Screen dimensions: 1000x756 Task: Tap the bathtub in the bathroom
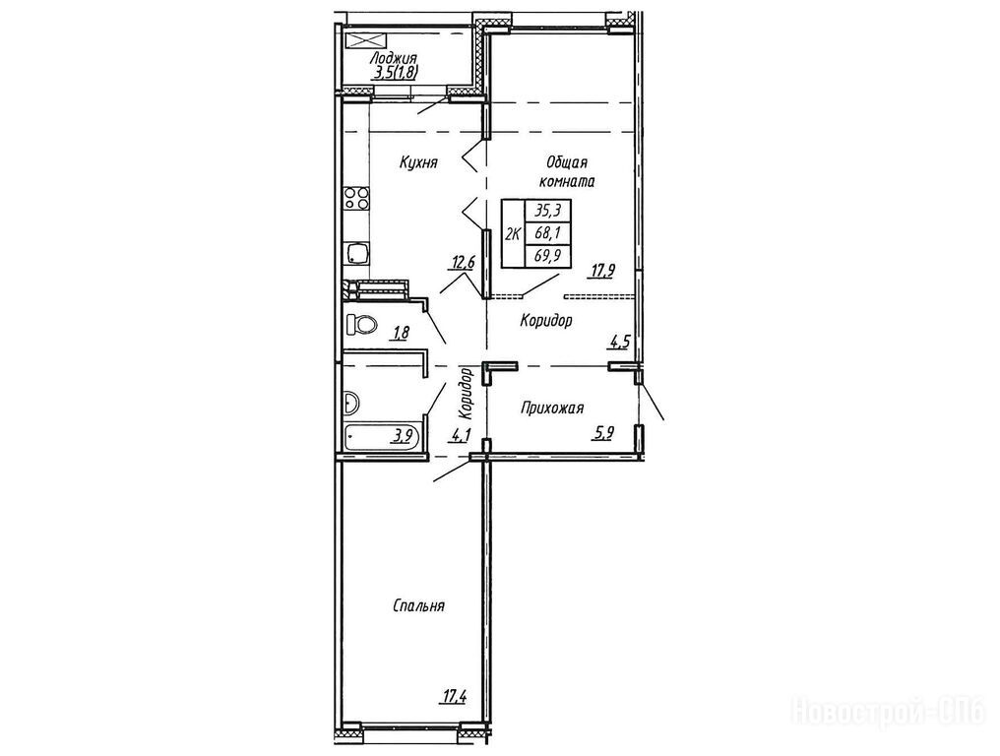click(383, 438)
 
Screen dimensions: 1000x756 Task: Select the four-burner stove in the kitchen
click(356, 198)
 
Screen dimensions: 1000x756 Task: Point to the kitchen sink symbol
click(356, 253)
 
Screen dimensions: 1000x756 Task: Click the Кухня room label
click(418, 163)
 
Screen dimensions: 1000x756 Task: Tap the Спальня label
click(418, 605)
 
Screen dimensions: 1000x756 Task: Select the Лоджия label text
click(393, 59)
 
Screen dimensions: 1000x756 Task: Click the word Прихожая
click(551, 409)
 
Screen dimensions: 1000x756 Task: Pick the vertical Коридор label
click(468, 390)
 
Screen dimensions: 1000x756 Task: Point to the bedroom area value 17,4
click(452, 696)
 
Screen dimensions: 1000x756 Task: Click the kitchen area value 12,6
click(463, 261)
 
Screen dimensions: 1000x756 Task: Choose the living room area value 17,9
click(602, 271)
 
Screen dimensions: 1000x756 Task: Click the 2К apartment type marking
click(513, 233)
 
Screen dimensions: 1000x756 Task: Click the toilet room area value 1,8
click(402, 332)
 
